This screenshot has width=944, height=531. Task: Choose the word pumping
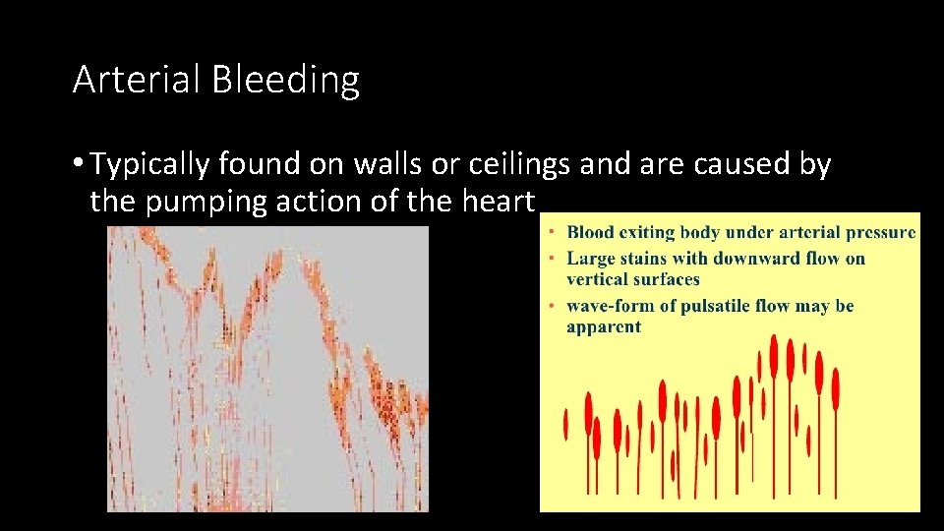tap(204, 202)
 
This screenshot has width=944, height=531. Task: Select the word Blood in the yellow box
tap(591, 233)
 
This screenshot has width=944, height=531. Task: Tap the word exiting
tap(645, 233)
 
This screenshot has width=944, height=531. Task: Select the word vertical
tap(599, 279)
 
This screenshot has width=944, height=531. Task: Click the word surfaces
tap(667, 279)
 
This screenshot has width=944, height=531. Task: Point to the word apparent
tap(603, 326)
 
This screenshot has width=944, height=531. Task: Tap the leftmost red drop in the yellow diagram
tap(565, 424)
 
